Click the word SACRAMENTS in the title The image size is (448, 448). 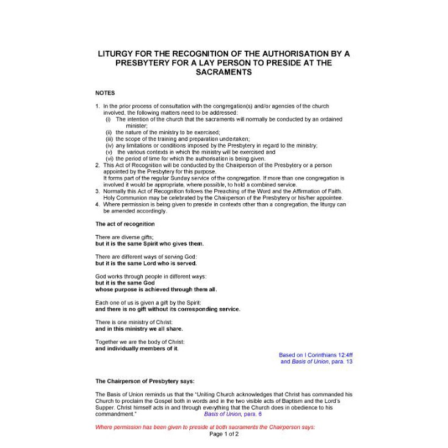[224, 71]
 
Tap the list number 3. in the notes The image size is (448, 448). [98, 191]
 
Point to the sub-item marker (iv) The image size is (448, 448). [110, 145]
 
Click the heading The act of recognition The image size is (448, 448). [125, 224]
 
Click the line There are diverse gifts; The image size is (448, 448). [124, 237]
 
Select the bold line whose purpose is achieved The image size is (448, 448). [156, 289]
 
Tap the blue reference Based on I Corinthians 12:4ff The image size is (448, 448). [316, 355]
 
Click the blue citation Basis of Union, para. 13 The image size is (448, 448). [316, 361]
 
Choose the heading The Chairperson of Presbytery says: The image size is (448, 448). [145, 381]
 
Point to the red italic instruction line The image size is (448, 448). [205, 427]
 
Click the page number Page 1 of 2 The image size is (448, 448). [224, 434]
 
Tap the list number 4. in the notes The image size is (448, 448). [98, 204]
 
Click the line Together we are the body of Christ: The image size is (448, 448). [140, 342]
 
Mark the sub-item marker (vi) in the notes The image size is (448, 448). [110, 158]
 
